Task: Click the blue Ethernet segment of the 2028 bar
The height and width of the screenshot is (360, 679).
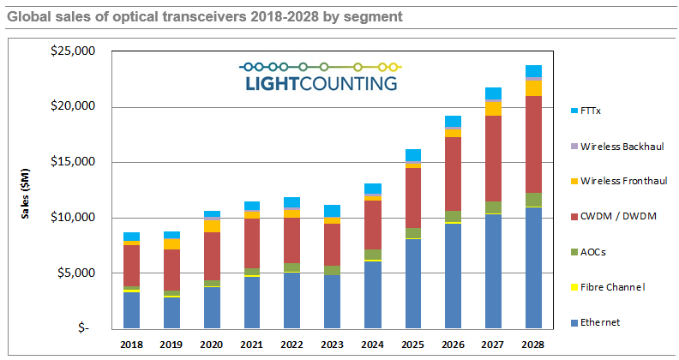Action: pos(533,267)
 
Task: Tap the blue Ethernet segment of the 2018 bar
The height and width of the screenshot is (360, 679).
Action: pos(131,310)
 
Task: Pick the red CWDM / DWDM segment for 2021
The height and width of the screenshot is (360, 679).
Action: pos(251,243)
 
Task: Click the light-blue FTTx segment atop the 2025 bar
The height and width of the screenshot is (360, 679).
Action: pos(413,155)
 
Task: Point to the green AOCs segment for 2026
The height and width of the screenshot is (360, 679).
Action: pos(453,216)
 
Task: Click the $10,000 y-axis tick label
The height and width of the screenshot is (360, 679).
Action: pos(75,218)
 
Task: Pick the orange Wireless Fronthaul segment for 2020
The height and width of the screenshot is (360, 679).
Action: pos(212,225)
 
